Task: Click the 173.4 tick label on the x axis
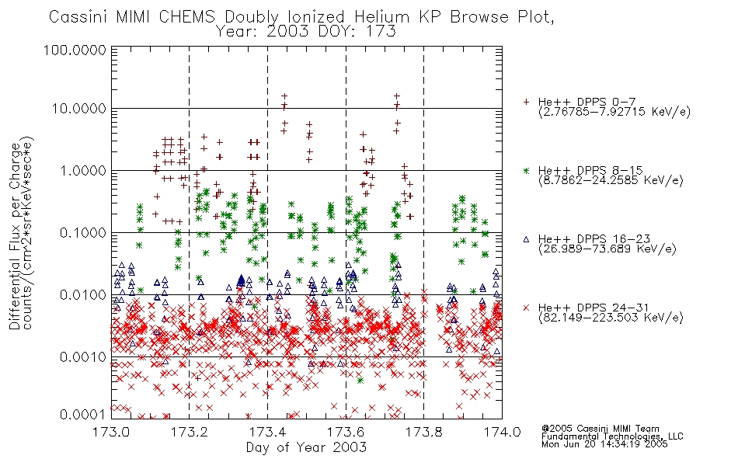tap(267, 432)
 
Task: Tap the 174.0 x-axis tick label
tap(502, 432)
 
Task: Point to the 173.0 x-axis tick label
tap(111, 432)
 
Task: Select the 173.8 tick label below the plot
tap(423, 432)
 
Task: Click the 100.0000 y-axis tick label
tap(75, 50)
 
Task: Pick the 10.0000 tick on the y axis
tap(79, 109)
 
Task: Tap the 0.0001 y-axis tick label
tap(83, 415)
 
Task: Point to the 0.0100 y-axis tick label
tap(83, 295)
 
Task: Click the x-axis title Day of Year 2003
tap(306, 447)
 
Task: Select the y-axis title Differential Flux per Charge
tap(16, 235)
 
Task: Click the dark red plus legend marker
tap(526, 102)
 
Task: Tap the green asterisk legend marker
tap(526, 170)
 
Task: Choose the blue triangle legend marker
tap(526, 239)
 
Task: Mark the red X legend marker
tap(526, 308)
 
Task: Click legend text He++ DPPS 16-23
tap(594, 238)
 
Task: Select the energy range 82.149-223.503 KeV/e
tap(611, 318)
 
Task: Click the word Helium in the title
tap(381, 17)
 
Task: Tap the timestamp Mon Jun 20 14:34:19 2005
tap(604, 444)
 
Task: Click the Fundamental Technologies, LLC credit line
tap(612, 436)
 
